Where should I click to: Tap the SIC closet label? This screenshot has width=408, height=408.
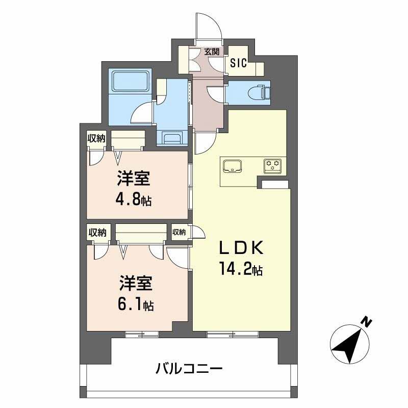click(238, 63)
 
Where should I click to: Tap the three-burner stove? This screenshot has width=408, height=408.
click(272, 165)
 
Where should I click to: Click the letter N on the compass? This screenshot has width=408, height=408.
click(365, 322)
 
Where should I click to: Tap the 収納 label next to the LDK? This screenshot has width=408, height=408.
click(179, 232)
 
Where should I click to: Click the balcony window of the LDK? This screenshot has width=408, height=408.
click(232, 335)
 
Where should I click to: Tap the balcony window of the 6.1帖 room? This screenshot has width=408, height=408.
click(142, 335)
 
